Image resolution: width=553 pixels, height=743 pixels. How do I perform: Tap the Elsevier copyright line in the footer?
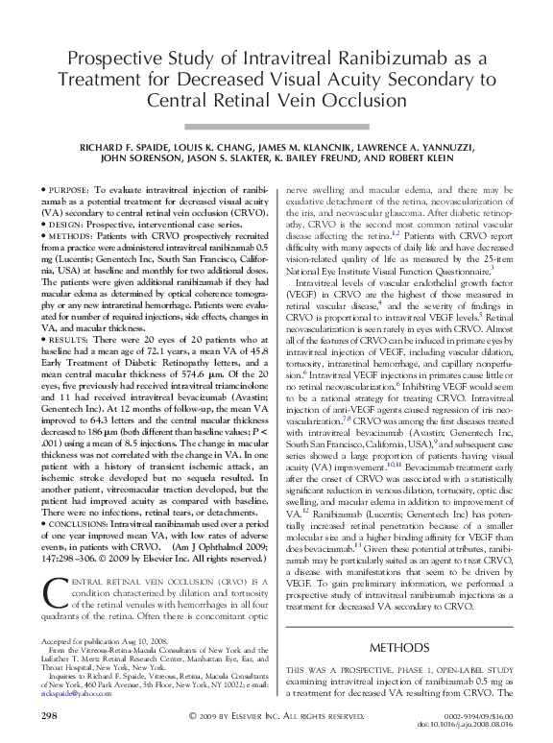[x=276, y=716]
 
